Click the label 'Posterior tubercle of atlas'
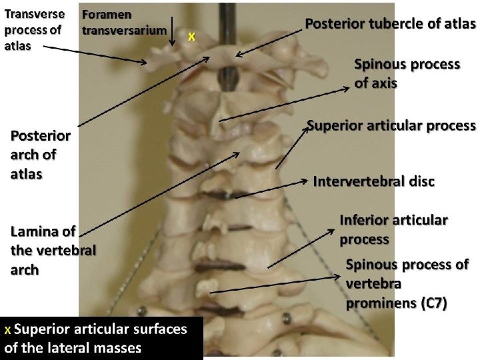390,24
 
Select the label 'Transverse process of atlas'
34,30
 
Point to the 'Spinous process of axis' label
407,73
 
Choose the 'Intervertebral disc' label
373,181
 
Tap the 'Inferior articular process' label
393,229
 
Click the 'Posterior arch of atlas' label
41,155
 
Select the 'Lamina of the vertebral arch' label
53,251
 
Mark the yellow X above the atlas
191,37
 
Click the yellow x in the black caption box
7,330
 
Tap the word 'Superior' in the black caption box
41,329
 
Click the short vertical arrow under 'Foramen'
172,30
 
